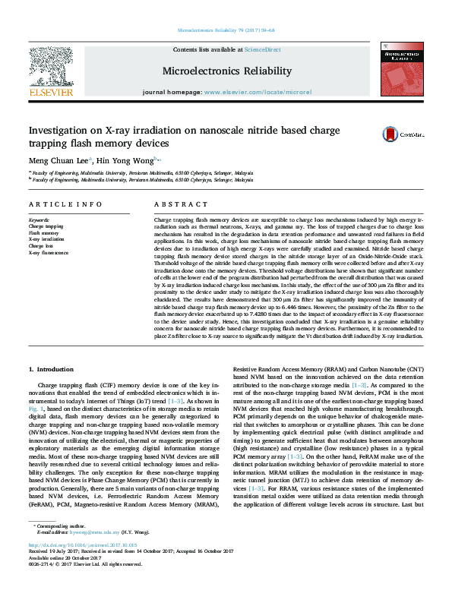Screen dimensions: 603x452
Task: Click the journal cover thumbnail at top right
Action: (x=402, y=69)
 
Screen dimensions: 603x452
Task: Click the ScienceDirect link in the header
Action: (x=263, y=50)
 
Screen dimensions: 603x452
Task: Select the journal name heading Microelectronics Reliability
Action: (x=226, y=71)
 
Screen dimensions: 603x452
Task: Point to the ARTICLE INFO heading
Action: (x=65, y=205)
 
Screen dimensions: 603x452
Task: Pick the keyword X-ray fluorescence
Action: (x=49, y=253)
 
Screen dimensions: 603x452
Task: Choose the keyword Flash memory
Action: (x=43, y=233)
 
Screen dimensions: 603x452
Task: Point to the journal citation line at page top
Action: (x=226, y=30)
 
